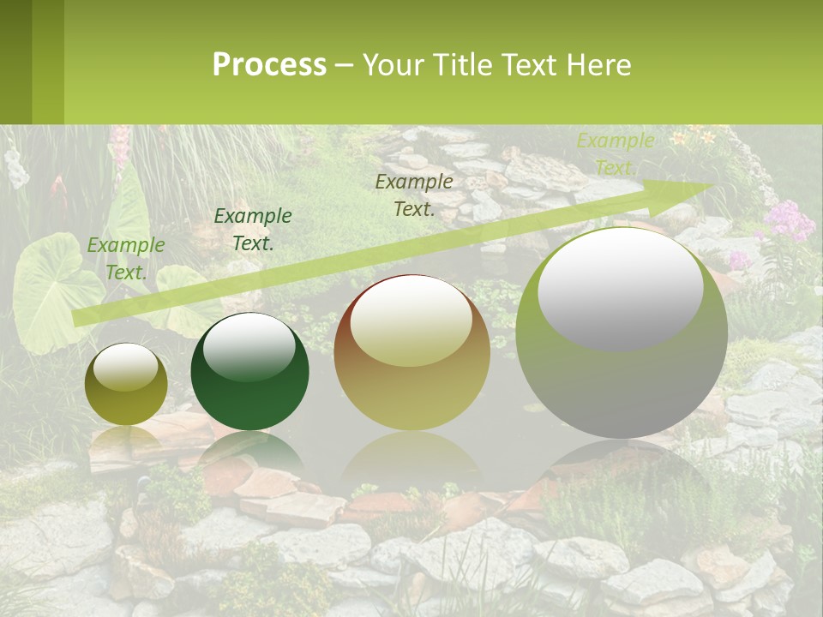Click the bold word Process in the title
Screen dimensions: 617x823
(x=269, y=65)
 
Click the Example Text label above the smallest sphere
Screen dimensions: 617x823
(x=126, y=259)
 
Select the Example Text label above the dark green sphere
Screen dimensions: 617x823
(x=253, y=230)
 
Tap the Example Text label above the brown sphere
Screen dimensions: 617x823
(x=414, y=195)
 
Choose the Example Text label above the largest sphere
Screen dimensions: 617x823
(x=615, y=154)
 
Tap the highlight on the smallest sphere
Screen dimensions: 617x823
(x=125, y=368)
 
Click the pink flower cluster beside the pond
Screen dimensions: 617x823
(x=788, y=221)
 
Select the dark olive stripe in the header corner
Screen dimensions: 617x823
(x=15, y=62)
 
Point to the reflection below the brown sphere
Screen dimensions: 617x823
(x=411, y=458)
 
